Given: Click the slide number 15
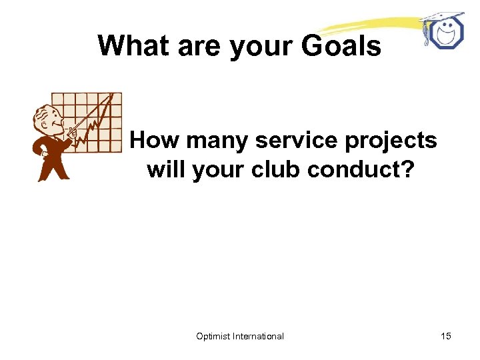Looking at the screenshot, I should click(445, 336).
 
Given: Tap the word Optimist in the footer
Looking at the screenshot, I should click(213, 336).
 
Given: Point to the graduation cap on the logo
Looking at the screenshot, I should click(440, 16).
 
